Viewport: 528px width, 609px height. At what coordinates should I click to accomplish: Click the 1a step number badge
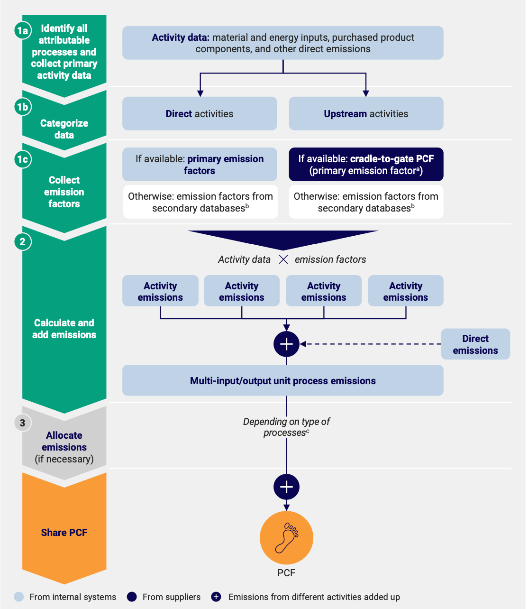23,30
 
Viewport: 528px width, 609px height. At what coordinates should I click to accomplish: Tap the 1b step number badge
23,107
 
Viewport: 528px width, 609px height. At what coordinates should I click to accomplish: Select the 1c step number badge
23,159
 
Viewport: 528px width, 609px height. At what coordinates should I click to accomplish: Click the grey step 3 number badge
23,423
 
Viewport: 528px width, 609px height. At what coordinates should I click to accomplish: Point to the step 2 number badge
23,241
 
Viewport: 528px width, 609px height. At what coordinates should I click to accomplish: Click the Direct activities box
200,113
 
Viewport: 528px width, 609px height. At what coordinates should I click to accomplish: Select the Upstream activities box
366,113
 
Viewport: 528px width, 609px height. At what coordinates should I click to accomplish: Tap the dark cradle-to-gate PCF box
366,164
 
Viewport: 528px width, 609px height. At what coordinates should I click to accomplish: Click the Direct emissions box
475,344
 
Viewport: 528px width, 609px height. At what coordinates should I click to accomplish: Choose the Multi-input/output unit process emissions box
283,380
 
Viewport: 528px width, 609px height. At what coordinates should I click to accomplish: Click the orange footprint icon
286,538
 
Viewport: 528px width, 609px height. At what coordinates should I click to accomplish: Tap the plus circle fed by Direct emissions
286,344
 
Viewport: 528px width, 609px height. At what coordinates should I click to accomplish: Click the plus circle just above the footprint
286,487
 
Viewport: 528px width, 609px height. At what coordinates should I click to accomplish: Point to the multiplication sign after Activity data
283,259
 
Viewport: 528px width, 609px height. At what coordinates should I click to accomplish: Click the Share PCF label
64,533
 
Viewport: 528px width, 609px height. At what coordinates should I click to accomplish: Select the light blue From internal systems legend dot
19,597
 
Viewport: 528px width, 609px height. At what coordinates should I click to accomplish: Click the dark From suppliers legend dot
132,597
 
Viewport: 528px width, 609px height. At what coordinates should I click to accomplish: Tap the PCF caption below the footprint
286,573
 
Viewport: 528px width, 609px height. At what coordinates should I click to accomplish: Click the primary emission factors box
200,164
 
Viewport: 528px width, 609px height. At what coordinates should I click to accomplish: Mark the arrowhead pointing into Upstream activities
366,93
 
